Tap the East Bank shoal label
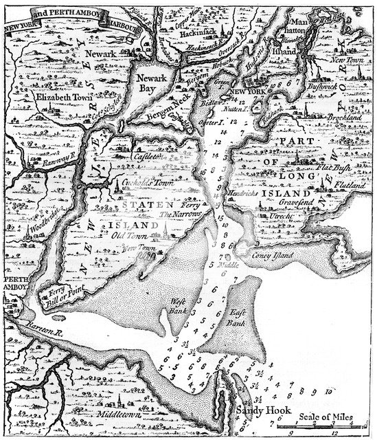[x=237, y=316]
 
